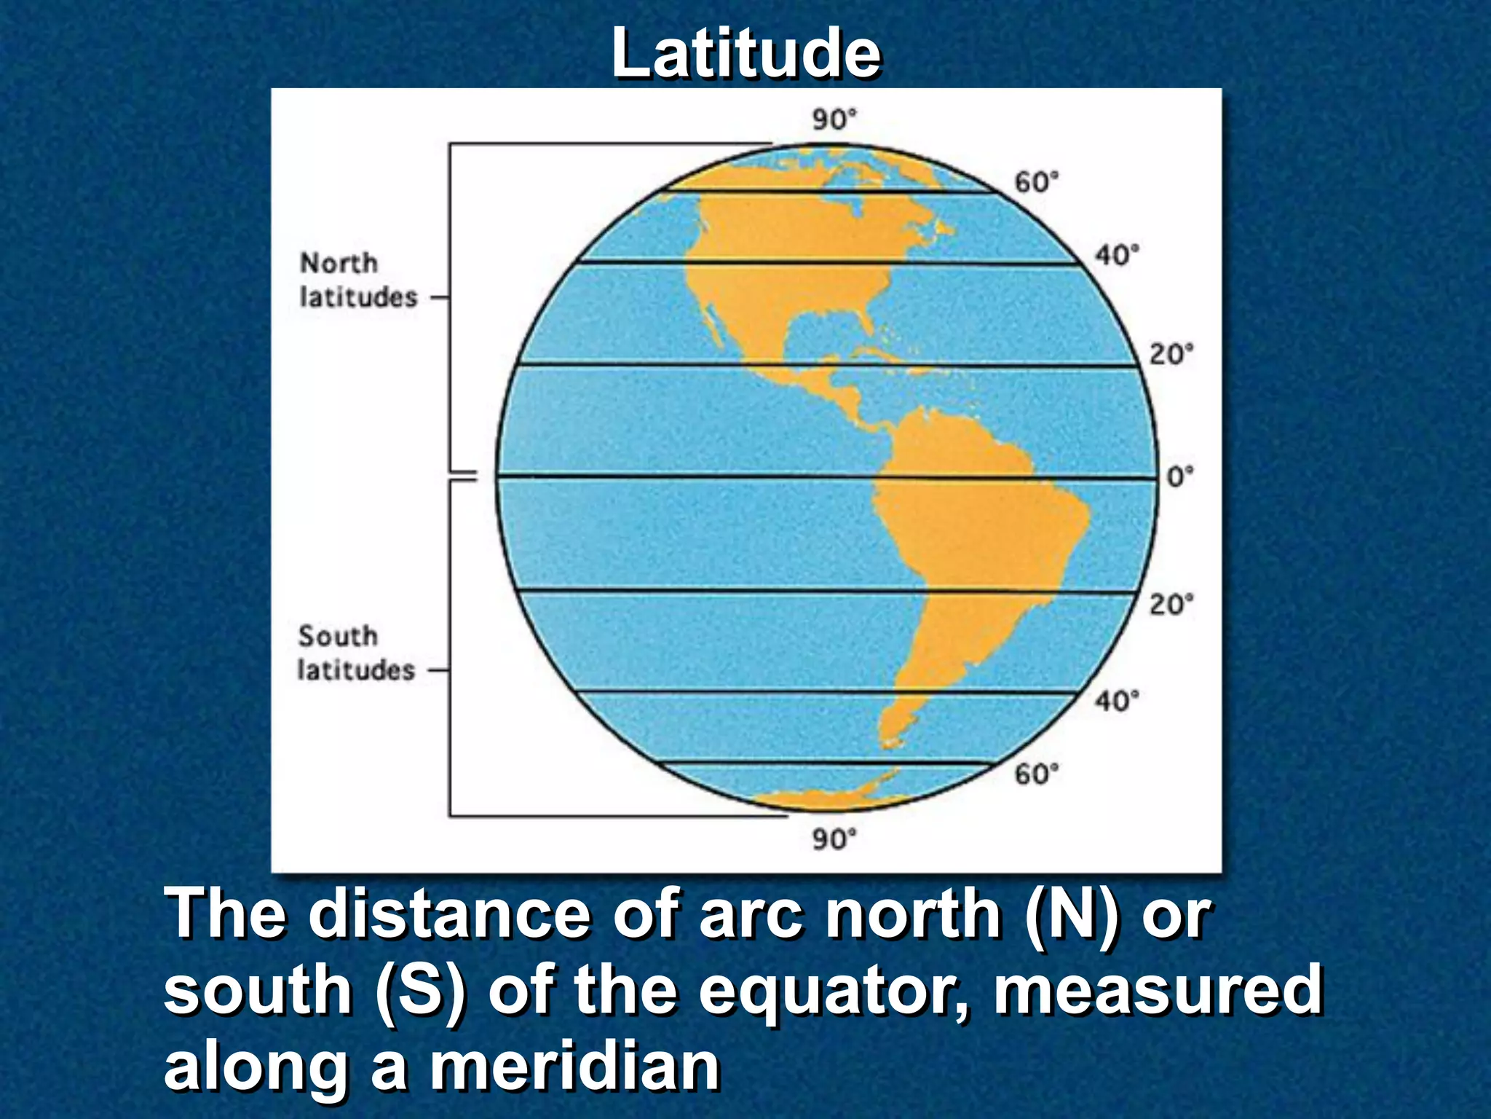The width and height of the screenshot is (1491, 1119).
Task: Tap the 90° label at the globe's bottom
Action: click(834, 839)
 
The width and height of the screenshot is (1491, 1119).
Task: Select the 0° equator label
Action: click(1179, 477)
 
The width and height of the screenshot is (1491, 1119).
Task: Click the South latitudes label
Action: click(356, 653)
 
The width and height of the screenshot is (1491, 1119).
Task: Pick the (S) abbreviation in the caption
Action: click(420, 992)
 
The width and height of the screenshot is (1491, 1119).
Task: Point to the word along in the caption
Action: click(255, 1068)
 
